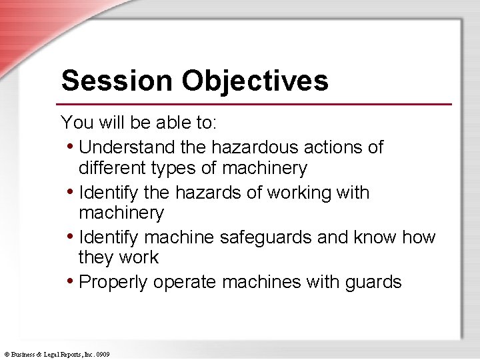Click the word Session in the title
[x=116, y=81]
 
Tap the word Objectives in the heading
[x=254, y=81]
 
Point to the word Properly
[x=113, y=282]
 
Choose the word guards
[x=373, y=282]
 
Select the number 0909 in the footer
[x=102, y=354]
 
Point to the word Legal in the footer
[x=50, y=354]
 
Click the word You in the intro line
[x=74, y=123]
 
